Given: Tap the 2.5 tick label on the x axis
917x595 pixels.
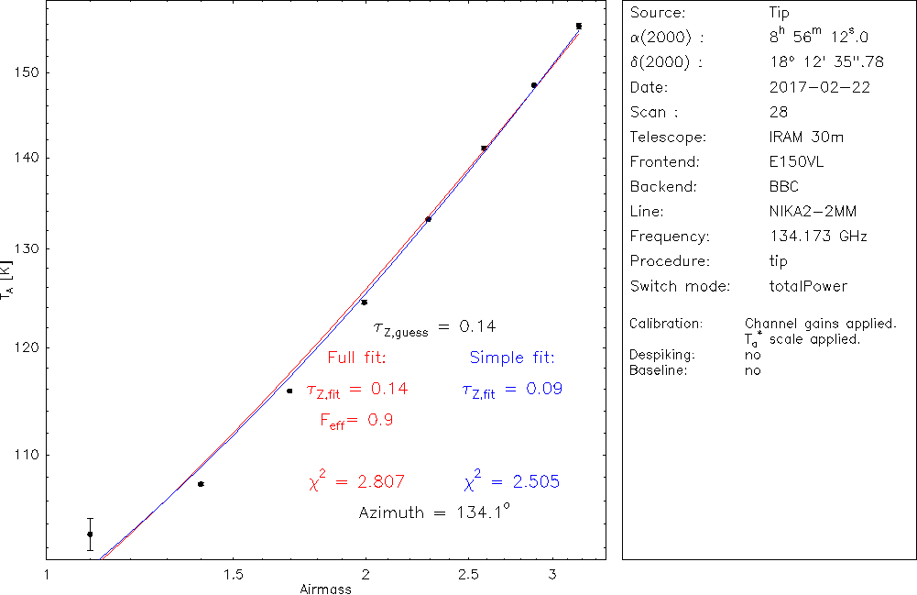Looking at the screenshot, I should coord(469,574).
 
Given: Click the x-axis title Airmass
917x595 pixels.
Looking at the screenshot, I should coord(325,589).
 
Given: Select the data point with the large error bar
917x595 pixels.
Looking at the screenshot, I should coord(90,534).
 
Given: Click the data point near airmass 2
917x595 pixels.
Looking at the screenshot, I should coord(364,303).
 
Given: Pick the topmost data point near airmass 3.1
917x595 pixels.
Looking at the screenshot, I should coord(579,26).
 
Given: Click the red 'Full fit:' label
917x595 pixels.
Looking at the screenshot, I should coord(357,358).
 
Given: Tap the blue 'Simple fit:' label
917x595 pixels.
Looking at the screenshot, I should coord(512,358).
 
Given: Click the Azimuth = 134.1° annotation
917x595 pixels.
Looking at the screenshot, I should coord(433,512).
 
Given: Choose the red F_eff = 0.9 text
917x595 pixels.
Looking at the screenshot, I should coord(356,420).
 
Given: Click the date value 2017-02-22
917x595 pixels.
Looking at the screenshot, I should coord(820,88).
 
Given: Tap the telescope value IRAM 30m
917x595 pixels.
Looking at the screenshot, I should coord(807,138).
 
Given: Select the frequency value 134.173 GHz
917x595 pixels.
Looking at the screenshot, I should coord(818,237).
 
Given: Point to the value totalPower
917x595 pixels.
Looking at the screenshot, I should coord(809,286).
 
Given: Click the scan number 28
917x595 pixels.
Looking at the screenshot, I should coord(779,113).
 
